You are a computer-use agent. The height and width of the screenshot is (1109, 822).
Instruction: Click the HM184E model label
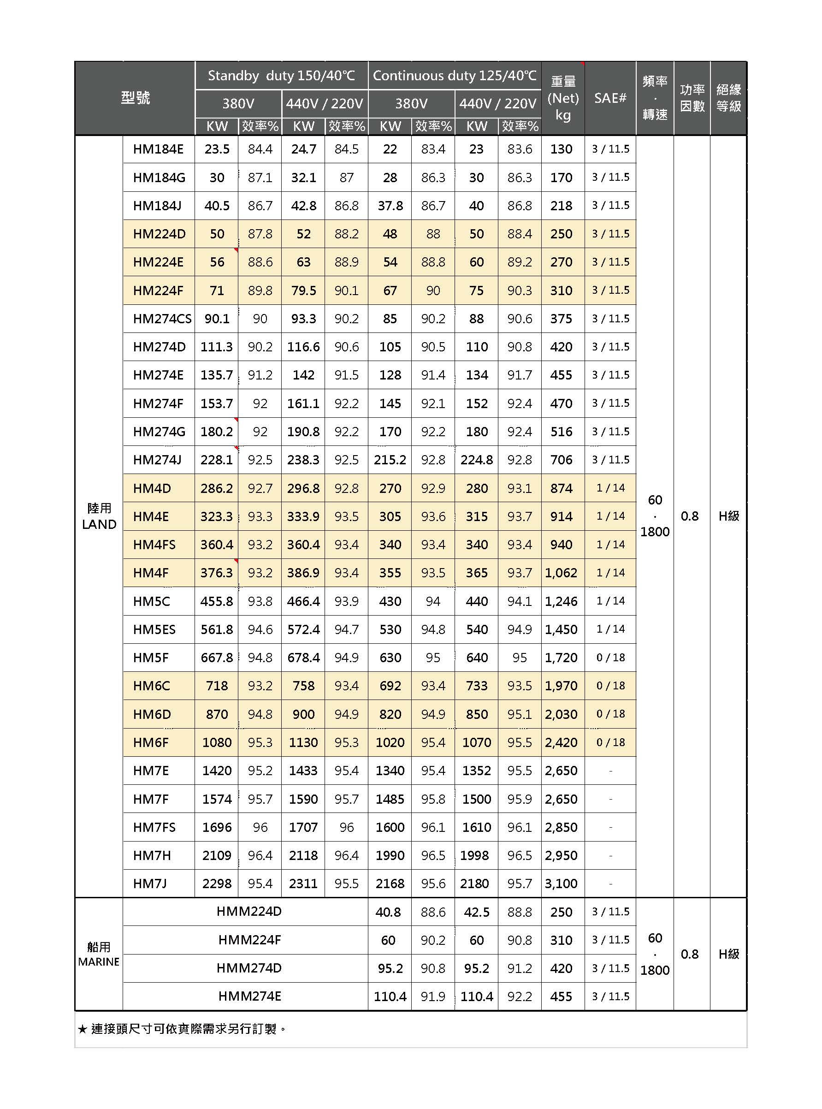(x=158, y=149)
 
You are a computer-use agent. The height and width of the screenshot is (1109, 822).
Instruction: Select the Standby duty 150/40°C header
(x=281, y=76)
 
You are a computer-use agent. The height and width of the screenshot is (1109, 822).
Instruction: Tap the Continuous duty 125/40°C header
(x=454, y=76)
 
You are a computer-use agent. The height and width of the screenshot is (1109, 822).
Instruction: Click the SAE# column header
(x=610, y=98)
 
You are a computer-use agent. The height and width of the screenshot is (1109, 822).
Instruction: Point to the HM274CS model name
(x=162, y=319)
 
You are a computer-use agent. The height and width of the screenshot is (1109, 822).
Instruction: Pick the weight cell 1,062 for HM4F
(x=561, y=573)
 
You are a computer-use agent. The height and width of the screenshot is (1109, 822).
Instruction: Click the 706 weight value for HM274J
(x=561, y=460)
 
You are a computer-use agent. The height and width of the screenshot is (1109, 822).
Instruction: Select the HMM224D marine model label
(x=249, y=911)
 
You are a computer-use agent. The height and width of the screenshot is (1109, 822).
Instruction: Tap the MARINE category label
(x=99, y=961)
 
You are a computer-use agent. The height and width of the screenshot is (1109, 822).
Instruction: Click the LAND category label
(x=99, y=524)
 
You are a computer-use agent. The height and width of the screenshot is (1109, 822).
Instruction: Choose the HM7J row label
(x=150, y=884)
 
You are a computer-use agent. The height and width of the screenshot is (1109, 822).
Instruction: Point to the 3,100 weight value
(x=561, y=884)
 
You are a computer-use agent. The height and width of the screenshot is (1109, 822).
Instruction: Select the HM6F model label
(x=152, y=743)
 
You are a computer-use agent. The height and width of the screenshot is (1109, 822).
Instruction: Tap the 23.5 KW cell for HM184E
(x=217, y=149)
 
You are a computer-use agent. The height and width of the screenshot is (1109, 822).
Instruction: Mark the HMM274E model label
(x=249, y=996)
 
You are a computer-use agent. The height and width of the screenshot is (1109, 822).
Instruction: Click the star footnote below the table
(x=182, y=1029)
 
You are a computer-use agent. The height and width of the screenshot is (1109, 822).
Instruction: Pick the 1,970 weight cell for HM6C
(x=561, y=686)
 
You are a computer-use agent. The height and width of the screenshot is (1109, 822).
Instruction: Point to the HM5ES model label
(x=154, y=629)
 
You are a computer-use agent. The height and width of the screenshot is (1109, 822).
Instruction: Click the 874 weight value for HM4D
(x=561, y=488)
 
